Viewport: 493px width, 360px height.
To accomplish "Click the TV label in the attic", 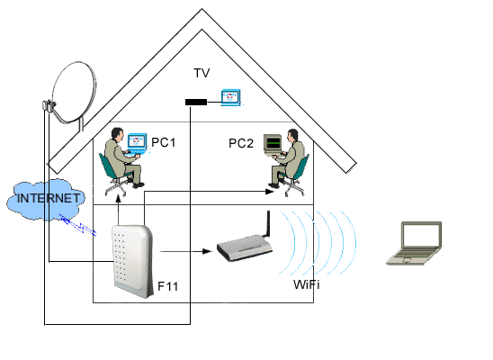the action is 202,73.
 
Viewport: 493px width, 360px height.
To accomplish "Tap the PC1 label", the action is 163,142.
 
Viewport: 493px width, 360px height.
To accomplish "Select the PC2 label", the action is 241,143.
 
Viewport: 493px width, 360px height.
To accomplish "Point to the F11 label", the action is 167,286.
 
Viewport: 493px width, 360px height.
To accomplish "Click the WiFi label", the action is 307,284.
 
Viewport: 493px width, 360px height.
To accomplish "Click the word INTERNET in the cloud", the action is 48,198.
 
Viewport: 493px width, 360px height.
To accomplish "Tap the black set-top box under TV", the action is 196,102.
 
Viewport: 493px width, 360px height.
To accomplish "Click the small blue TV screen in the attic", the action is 231,97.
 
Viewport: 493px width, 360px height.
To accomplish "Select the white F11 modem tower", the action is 132,261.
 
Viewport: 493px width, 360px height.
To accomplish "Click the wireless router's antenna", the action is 268,223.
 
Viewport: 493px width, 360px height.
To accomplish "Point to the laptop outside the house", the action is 414,243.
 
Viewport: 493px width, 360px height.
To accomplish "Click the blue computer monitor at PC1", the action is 138,143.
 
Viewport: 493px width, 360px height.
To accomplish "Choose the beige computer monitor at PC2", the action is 273,144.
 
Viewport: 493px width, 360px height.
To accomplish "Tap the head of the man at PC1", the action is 117,134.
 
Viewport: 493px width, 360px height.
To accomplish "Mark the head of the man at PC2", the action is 292,135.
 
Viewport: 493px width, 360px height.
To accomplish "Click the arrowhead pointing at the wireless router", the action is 207,251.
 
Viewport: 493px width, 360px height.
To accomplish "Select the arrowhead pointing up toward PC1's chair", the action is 118,199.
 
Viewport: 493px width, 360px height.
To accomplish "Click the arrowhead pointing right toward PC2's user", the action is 270,191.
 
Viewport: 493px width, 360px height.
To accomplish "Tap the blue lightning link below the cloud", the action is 77,224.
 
